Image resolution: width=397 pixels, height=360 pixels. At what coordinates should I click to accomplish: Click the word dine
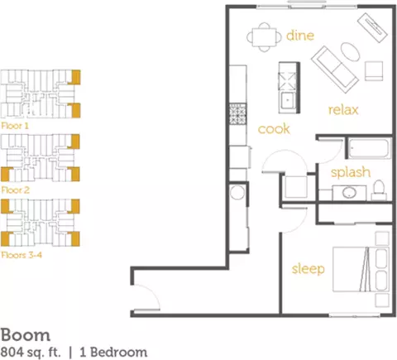tap(300, 36)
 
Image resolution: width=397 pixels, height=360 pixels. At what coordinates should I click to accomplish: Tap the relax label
tap(343, 110)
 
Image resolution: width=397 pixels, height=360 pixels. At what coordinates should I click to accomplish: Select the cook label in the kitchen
tap(274, 129)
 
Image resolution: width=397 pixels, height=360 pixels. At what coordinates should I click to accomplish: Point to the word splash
tap(351, 172)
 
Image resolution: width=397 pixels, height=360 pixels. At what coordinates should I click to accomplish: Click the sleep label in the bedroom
tap(308, 269)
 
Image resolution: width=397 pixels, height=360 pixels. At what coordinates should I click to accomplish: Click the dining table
tap(265, 37)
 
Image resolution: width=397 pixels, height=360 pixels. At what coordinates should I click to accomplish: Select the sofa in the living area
tap(335, 70)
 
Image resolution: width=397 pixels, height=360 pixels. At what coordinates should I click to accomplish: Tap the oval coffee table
tap(351, 52)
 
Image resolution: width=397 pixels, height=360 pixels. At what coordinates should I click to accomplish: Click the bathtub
tap(370, 149)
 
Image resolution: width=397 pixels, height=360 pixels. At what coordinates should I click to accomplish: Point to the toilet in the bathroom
tap(380, 190)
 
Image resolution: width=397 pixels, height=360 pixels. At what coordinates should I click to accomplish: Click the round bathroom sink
tap(350, 193)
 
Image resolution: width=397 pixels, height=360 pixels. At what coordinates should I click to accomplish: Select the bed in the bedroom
tap(361, 269)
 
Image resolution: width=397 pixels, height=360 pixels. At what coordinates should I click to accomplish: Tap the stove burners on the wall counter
tap(238, 113)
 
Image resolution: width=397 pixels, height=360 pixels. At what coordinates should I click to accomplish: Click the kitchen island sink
tap(288, 100)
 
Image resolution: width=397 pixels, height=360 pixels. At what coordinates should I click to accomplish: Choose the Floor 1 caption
tap(15, 126)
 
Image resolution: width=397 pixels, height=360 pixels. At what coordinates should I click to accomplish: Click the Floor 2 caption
tap(15, 190)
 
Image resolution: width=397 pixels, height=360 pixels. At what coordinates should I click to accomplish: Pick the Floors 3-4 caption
tap(22, 255)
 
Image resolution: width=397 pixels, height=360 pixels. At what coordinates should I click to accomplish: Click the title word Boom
tap(26, 335)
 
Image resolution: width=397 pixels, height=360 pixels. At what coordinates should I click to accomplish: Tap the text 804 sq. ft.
tap(31, 353)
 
